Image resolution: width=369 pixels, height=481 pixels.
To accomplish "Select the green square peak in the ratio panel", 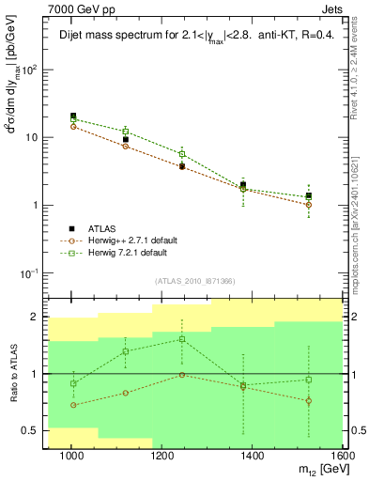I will [x=182, y=339].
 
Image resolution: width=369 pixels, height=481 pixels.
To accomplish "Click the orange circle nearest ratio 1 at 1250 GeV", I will [x=182, y=375].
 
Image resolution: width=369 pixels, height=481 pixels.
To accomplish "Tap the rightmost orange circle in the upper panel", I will [x=308, y=205].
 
